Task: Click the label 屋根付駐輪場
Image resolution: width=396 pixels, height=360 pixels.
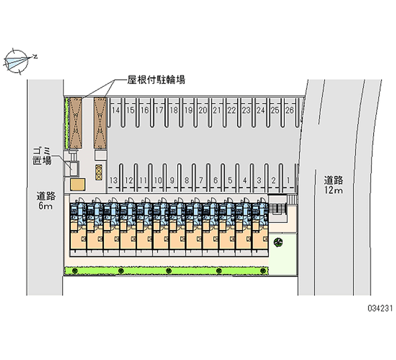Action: [x=156, y=80]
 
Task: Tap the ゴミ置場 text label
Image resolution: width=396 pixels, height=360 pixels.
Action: [x=42, y=156]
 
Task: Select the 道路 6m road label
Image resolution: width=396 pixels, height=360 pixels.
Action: [x=46, y=201]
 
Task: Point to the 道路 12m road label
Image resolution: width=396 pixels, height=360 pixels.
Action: [x=333, y=185]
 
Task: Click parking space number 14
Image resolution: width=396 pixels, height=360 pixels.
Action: [x=116, y=110]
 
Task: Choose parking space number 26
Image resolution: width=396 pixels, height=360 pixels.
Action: [x=290, y=110]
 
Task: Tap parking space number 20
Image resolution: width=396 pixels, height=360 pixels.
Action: [x=203, y=110]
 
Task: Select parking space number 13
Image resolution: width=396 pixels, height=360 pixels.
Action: [x=114, y=180]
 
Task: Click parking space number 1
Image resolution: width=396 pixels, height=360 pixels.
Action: [x=288, y=180]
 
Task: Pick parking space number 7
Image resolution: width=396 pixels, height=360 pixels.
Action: [x=201, y=180]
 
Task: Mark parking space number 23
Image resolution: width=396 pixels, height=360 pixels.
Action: [x=246, y=110]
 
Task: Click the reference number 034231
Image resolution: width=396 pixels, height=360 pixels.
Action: [x=380, y=308]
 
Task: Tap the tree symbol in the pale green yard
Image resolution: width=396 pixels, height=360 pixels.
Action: [x=278, y=243]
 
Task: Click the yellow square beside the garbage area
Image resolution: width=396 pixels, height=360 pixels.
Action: [x=78, y=184]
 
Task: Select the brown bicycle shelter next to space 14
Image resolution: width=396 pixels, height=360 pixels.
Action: [x=100, y=123]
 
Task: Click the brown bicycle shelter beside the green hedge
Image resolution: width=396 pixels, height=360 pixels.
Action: [x=76, y=123]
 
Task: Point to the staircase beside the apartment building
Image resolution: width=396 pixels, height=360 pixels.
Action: [x=278, y=208]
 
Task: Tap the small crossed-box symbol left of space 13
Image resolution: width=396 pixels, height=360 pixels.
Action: [x=99, y=172]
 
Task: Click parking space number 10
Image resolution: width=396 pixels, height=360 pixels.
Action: [x=158, y=180]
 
